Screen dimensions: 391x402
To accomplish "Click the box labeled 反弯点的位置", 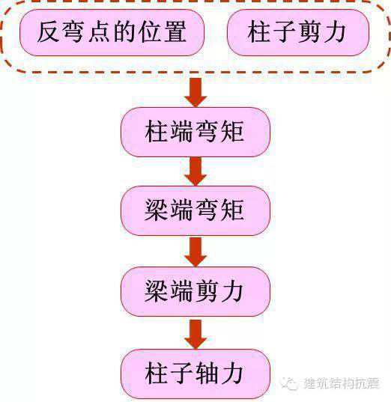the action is pyautogui.click(x=112, y=32).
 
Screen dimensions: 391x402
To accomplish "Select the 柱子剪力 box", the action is pyautogui.click(x=298, y=32).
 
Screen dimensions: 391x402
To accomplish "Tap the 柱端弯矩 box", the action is pyautogui.click(x=195, y=132).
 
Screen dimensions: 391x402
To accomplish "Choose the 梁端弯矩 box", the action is pyautogui.click(x=195, y=211).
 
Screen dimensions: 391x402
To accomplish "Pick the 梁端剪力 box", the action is pyautogui.click(x=195, y=291).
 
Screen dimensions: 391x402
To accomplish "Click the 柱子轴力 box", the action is pyautogui.click(x=195, y=374).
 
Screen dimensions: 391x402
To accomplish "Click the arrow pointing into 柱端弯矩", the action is pyautogui.click(x=195, y=92).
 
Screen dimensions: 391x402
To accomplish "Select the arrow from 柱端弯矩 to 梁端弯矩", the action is pyautogui.click(x=195, y=171).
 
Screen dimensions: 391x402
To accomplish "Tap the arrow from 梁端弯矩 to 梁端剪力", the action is pyautogui.click(x=195, y=252).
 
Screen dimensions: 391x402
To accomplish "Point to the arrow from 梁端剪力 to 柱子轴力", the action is pyautogui.click(x=195, y=334).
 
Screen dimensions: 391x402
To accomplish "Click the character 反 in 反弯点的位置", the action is pyautogui.click(x=48, y=31).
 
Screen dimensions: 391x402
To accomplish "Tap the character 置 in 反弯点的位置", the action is pyautogui.click(x=175, y=31).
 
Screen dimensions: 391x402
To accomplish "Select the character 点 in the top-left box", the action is pyautogui.click(x=99, y=31).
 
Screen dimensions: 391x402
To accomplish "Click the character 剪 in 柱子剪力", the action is pyautogui.click(x=309, y=31).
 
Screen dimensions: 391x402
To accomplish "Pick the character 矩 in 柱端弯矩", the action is pyautogui.click(x=232, y=132).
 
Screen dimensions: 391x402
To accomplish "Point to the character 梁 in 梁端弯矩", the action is pyautogui.click(x=157, y=210).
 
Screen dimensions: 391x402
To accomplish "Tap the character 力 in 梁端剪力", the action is pyautogui.click(x=232, y=291).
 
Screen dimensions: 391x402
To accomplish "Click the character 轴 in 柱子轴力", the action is pyautogui.click(x=207, y=374).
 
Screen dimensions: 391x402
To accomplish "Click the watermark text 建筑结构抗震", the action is pyautogui.click(x=342, y=383).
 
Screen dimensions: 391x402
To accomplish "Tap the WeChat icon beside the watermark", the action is pyautogui.click(x=289, y=383).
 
